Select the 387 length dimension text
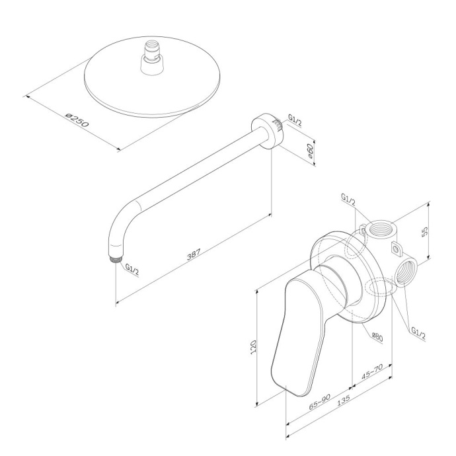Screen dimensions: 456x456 tap(192, 254)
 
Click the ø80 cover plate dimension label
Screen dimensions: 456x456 tap(377, 337)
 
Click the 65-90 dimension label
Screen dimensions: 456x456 tap(319, 402)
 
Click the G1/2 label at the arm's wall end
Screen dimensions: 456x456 tap(295, 122)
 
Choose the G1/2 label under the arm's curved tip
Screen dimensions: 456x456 tap(131, 270)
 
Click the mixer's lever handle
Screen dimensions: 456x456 tap(297, 330)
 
